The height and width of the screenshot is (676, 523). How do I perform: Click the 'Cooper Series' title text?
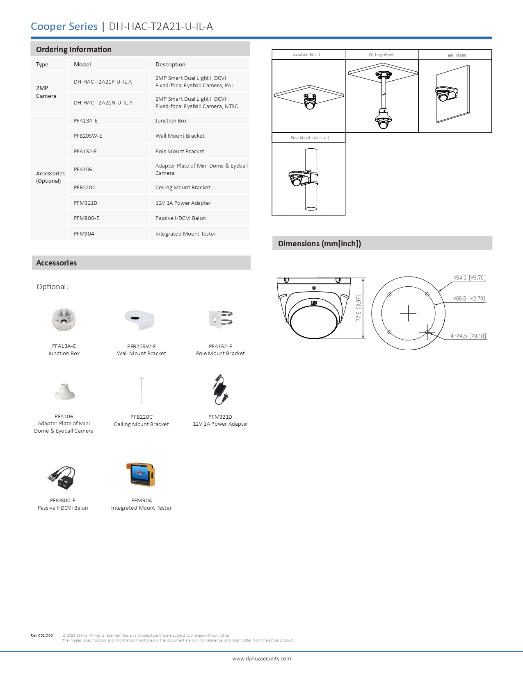click(x=64, y=27)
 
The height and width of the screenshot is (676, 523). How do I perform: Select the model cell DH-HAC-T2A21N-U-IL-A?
click(x=103, y=103)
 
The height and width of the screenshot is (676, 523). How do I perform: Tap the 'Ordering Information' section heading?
click(x=74, y=50)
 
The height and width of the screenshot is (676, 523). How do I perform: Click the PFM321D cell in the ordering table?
click(x=85, y=203)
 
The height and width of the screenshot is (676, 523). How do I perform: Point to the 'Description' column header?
click(x=170, y=64)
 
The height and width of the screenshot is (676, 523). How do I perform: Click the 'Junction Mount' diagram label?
click(x=306, y=54)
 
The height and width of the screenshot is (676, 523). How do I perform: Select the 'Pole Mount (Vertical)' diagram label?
click(x=310, y=138)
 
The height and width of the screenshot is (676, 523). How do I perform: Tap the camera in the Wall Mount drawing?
click(x=445, y=94)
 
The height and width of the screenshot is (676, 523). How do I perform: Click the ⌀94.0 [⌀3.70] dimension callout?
click(x=469, y=278)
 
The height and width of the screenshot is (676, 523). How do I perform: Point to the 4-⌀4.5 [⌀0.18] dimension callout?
click(x=468, y=336)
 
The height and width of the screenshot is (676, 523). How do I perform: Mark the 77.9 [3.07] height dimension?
click(x=359, y=308)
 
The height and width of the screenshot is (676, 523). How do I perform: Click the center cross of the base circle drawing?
click(x=408, y=313)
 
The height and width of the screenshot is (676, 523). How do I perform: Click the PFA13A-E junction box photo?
click(x=64, y=319)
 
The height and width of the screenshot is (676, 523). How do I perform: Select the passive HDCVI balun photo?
click(x=62, y=477)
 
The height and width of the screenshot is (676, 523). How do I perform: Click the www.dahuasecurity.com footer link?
click(x=261, y=659)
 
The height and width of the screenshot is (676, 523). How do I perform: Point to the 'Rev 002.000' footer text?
click(x=42, y=635)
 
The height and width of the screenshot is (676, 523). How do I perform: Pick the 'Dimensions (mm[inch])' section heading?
click(x=320, y=244)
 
